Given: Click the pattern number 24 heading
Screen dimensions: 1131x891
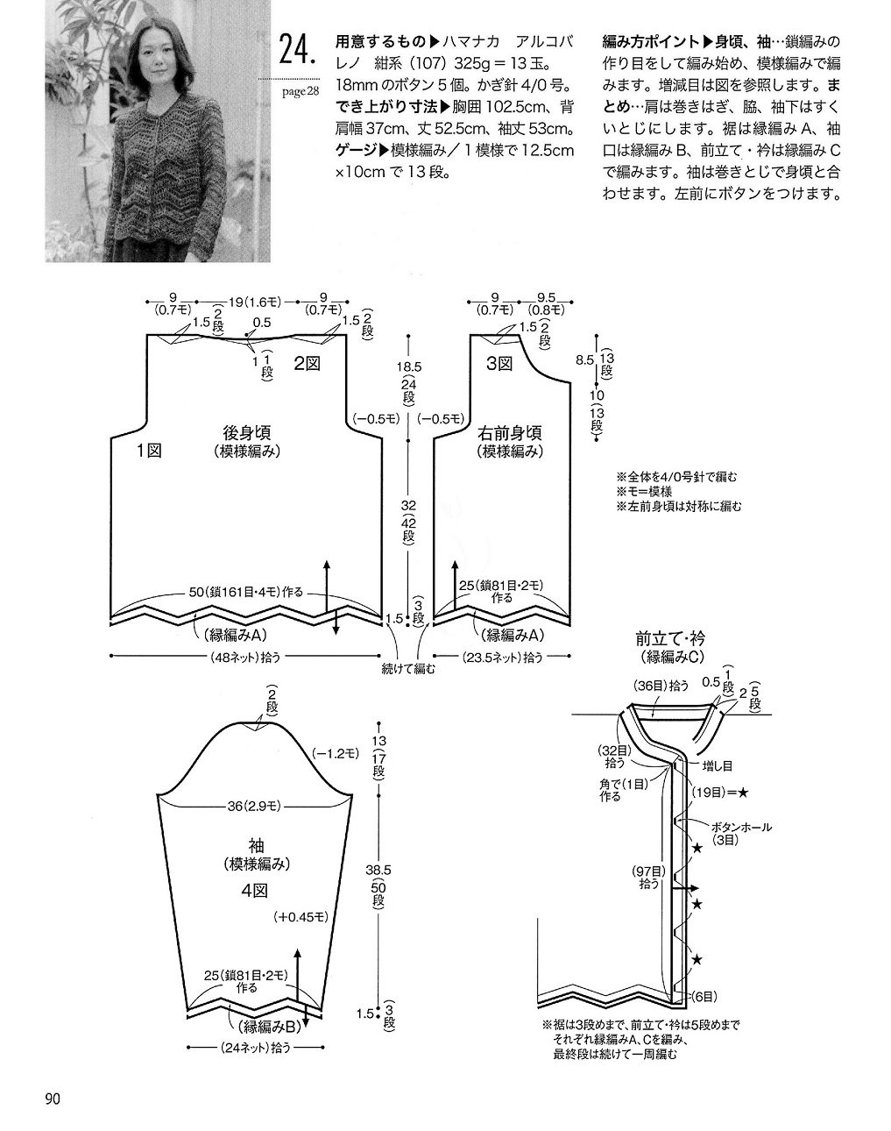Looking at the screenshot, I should [297, 51].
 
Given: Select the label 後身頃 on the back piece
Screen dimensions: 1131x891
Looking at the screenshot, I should [246, 432].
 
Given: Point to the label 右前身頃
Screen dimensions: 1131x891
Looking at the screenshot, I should [510, 432].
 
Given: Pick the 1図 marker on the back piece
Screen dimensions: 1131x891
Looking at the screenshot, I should [147, 451].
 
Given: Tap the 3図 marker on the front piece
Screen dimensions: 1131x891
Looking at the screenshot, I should [499, 363].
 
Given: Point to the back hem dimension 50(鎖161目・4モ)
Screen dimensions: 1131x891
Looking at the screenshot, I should [246, 593].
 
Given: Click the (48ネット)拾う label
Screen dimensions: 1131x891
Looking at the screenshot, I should [246, 657].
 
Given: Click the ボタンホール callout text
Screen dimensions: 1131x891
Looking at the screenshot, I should [740, 827].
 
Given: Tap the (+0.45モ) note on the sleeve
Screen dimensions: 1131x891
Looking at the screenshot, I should [301, 917].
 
